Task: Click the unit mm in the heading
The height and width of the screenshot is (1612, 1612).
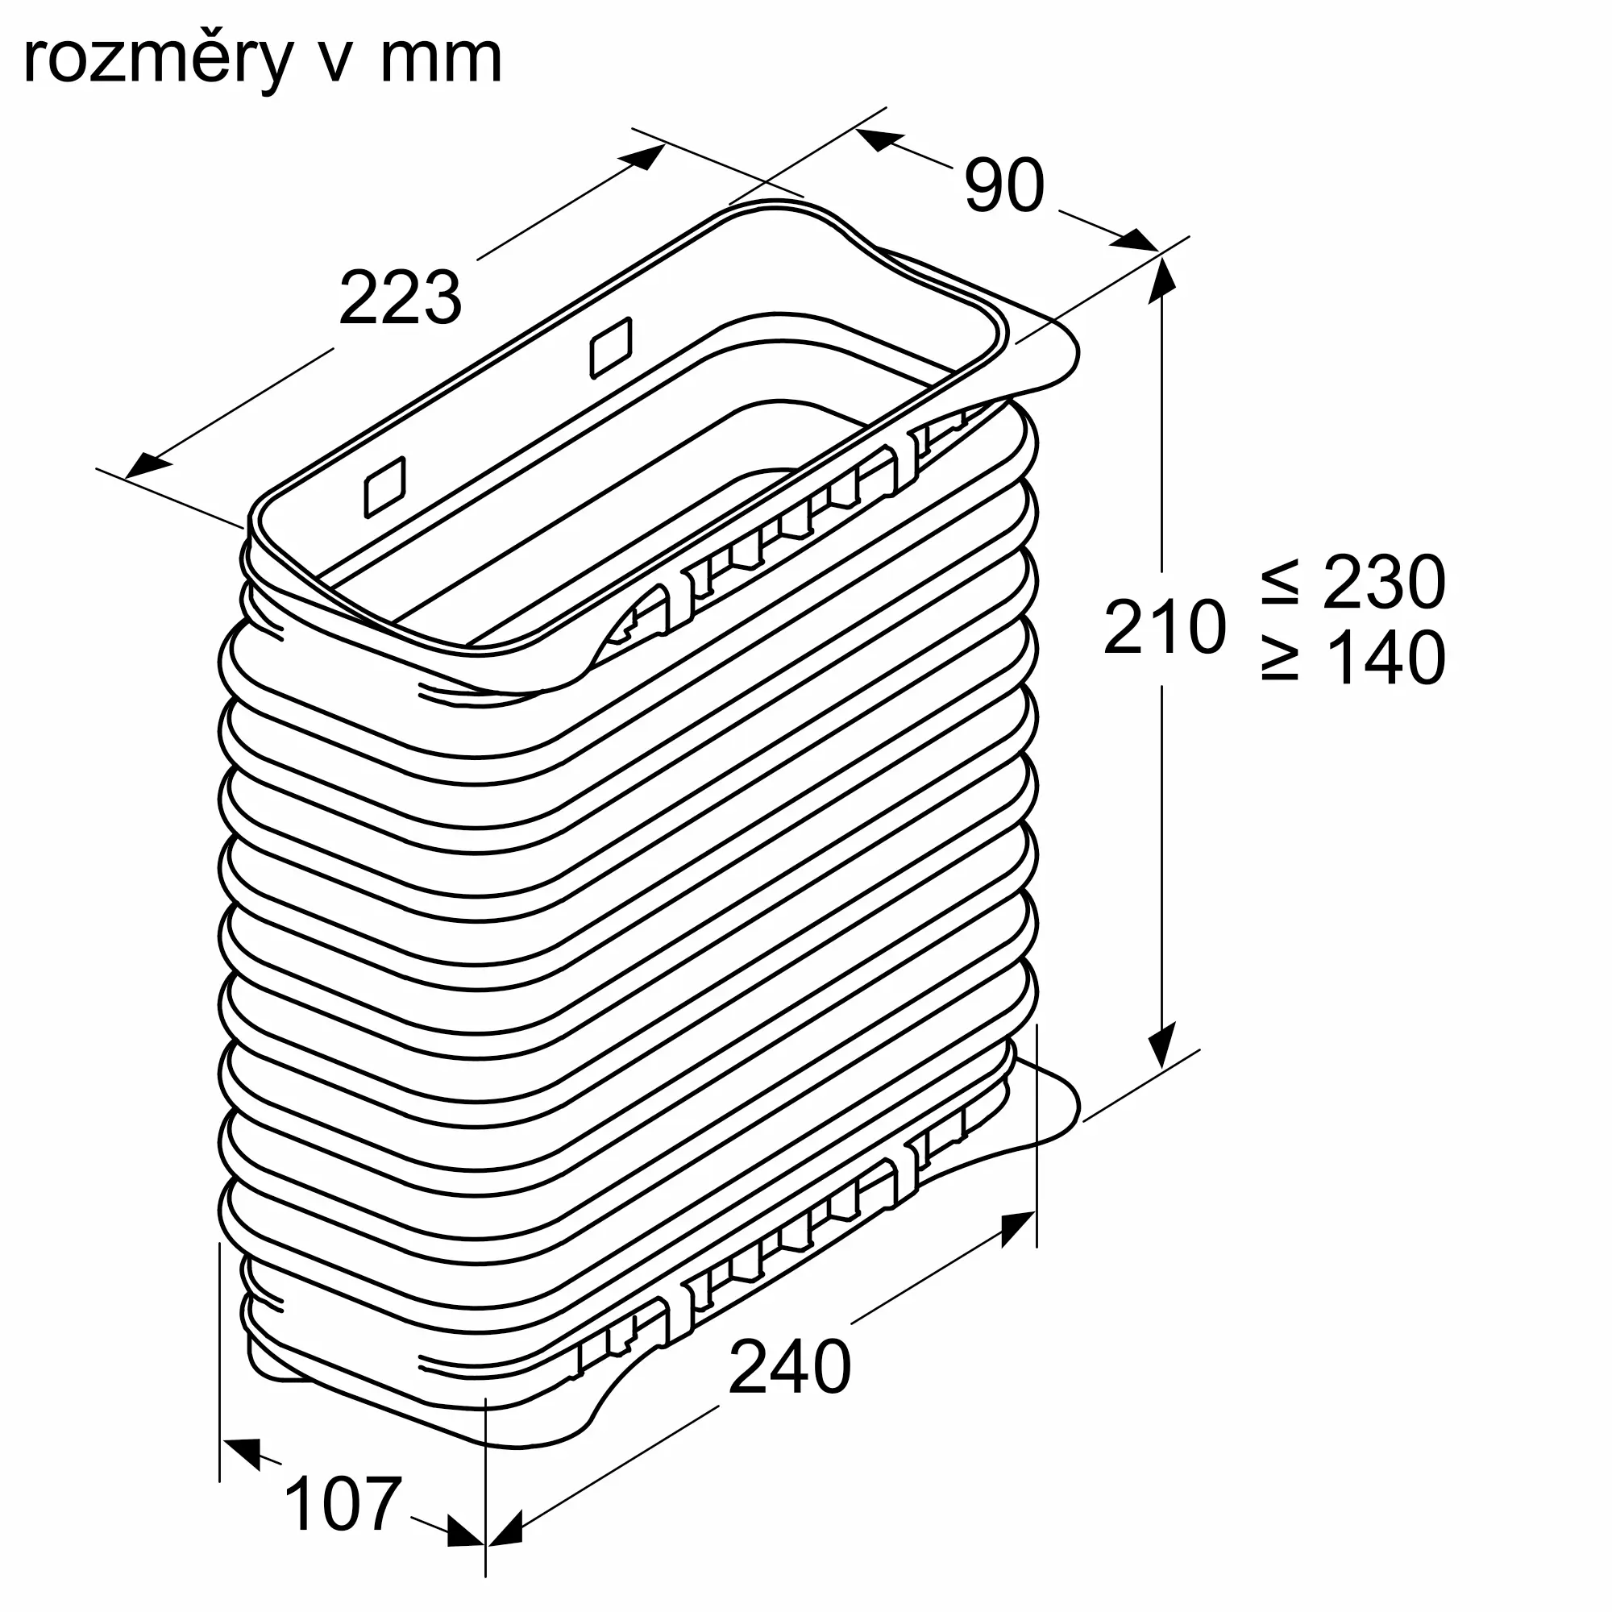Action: [x=441, y=60]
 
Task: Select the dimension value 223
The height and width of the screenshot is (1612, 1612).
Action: [x=400, y=298]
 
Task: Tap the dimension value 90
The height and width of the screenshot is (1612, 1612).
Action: [x=1003, y=185]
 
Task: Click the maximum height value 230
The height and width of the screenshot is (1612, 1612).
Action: [x=1383, y=583]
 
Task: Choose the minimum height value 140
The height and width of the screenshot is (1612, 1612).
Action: [x=1383, y=659]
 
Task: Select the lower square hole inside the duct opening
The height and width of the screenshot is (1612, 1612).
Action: [x=385, y=488]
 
